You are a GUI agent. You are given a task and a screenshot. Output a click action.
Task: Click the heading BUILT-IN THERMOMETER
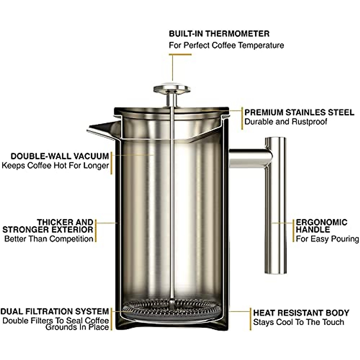(219, 34)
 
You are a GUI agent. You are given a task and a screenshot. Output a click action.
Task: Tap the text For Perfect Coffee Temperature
(226, 45)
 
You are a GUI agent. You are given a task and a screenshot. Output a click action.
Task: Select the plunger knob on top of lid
(172, 89)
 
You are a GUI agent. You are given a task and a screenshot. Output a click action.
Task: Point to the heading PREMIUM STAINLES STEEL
(299, 112)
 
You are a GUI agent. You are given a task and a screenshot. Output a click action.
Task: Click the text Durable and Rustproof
(286, 122)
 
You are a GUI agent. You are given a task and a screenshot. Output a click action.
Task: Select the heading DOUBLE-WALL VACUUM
(60, 156)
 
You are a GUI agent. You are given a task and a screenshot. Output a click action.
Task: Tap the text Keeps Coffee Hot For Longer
(55, 166)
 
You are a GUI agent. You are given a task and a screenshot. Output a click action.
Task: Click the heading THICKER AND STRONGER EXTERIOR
(48, 226)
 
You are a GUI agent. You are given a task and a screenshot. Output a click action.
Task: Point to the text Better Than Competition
(49, 239)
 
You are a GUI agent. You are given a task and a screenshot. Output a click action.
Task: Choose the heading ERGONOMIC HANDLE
(321, 226)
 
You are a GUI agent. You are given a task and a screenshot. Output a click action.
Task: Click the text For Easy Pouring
(327, 239)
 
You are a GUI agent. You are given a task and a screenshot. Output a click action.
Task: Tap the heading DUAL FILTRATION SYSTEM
(55, 311)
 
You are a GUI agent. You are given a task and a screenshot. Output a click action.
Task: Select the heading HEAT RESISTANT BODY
(301, 313)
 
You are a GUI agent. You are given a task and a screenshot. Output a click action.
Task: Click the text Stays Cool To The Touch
(298, 322)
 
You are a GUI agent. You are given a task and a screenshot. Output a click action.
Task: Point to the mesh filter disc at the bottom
(172, 306)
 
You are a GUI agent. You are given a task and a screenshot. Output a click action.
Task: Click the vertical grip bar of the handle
(275, 216)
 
